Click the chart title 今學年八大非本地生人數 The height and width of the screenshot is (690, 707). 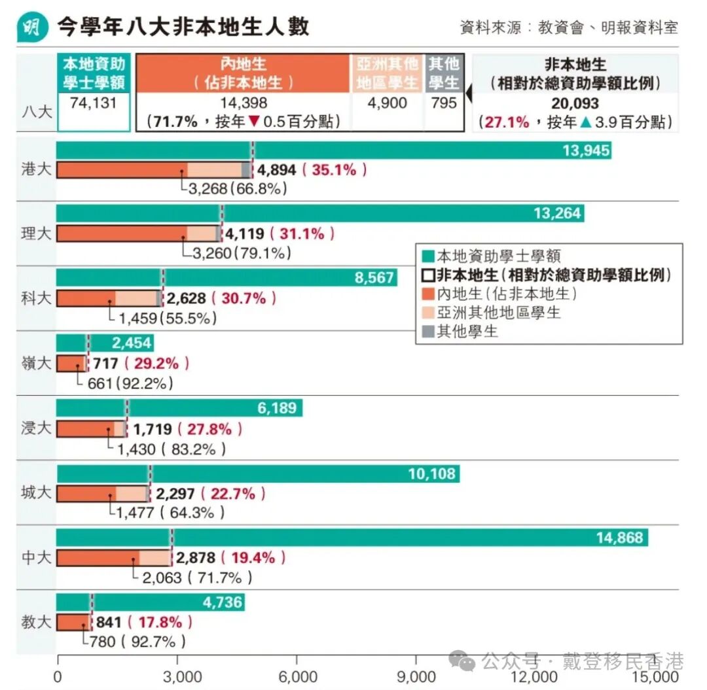click(183, 27)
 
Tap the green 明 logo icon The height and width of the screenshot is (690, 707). click(32, 28)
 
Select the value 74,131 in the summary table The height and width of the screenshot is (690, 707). click(94, 104)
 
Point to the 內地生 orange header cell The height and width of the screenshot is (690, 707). click(244, 73)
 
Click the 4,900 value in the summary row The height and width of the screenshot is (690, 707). click(387, 103)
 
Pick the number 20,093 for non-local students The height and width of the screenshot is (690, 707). click(575, 104)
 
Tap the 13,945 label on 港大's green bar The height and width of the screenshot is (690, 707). click(585, 151)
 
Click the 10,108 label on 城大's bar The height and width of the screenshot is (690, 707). click(431, 474)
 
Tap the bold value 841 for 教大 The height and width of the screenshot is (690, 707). click(109, 622)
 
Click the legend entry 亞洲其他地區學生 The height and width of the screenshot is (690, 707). click(498, 313)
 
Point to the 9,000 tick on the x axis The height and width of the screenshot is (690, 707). click(417, 676)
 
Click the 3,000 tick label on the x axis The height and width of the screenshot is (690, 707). click(177, 676)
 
